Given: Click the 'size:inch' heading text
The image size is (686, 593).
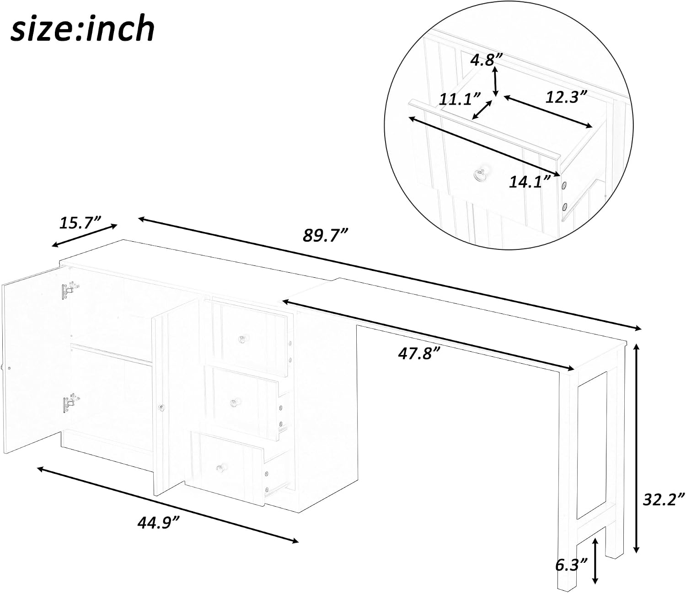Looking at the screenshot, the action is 83,29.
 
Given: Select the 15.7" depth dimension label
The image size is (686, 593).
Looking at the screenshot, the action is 79,222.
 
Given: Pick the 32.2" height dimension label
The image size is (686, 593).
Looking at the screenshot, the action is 664,499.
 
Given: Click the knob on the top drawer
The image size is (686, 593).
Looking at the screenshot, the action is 241,339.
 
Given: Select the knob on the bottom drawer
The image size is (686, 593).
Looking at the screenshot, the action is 220,468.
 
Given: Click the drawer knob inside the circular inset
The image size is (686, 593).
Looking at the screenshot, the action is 480,175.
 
